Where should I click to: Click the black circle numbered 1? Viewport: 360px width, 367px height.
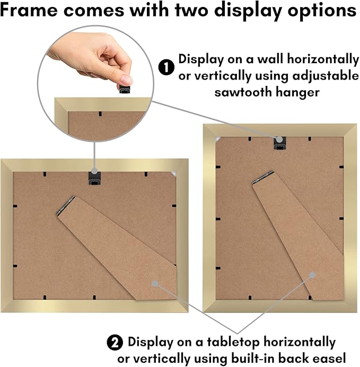coord(166,67)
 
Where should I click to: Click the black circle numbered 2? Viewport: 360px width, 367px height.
coord(115,343)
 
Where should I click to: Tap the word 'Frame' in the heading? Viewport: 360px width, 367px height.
coord(29,10)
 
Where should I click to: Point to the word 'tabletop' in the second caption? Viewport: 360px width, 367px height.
coord(233,342)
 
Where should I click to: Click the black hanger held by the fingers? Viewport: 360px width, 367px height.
coord(125,89)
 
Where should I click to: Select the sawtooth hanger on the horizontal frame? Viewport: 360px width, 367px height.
coord(94,179)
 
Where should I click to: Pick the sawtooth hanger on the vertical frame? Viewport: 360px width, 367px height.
coord(280,143)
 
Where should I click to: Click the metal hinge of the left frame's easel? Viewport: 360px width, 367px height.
coord(66,205)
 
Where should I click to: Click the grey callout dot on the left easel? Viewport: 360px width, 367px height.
coord(155,284)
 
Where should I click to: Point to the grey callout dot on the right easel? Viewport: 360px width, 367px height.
coord(312,275)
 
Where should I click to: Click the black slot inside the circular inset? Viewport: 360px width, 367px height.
coord(100,114)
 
